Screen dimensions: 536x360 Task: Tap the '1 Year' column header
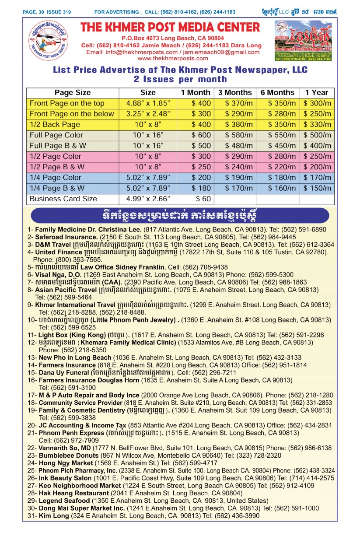pyautogui.click(x=317, y=92)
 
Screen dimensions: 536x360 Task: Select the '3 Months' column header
pyautogui.click(x=235, y=92)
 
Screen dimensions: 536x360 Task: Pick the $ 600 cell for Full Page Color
pyautogui.click(x=201, y=135)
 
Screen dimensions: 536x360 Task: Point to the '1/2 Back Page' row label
pyautogui.click(x=55, y=124)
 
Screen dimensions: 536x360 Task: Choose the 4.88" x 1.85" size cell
pyautogui.click(x=148, y=103)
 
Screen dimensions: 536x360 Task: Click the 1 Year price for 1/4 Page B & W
pyautogui.click(x=317, y=188)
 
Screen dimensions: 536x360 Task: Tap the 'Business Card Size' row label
pyautogui.click(x=63, y=199)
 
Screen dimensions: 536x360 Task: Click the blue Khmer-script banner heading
pyautogui.click(x=180, y=215)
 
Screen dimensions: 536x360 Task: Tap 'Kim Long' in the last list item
pyautogui.click(x=54, y=516)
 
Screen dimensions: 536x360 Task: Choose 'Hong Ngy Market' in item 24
pyautogui.click(x=66, y=462)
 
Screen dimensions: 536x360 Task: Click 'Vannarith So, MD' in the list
pyautogui.click(x=66, y=448)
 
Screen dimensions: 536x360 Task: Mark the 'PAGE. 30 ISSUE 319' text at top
pyautogui.click(x=47, y=12)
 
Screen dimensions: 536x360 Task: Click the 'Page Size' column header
pyautogui.click(x=73, y=92)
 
